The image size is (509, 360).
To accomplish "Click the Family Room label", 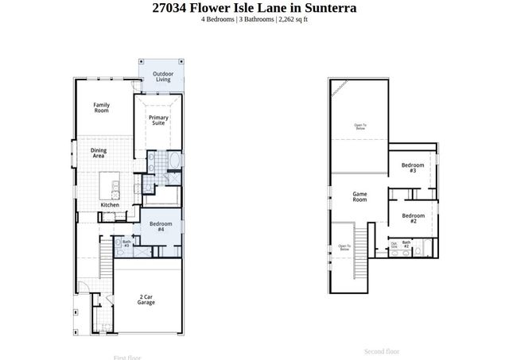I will pos(101,108).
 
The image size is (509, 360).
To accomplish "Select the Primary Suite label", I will pos(158,121).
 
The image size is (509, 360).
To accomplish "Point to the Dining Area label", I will pos(98,154).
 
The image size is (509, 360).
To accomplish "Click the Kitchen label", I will pos(110,205).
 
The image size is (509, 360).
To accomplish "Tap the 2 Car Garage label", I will pos(146,300).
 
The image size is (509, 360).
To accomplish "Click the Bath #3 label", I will pos(126,243).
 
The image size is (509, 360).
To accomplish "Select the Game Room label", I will pos(359,197).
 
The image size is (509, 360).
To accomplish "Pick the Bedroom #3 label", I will pos(413,168).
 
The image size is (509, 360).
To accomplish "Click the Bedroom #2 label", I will pos(413,219).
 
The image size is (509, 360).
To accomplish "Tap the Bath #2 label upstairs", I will pos(406,245).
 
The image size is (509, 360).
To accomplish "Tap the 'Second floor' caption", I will pos(382,350).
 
